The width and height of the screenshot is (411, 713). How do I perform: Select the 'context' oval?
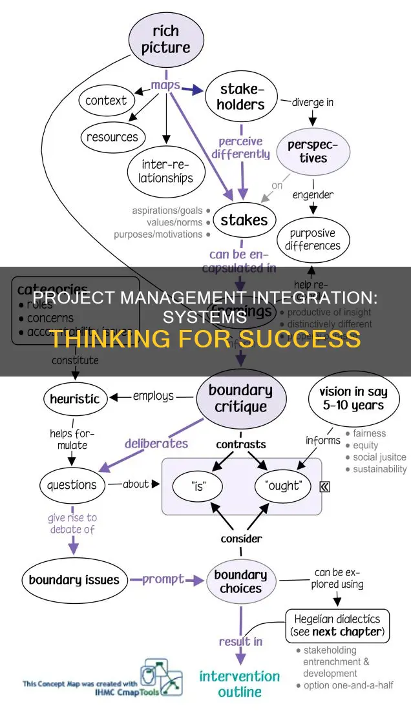[106, 101]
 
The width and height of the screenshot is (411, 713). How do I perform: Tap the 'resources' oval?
[112, 137]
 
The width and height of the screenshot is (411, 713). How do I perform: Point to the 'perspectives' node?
[313, 150]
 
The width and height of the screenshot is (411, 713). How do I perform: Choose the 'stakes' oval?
[244, 220]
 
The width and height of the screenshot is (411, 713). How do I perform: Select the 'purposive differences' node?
[313, 240]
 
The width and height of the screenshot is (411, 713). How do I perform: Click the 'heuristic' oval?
[76, 399]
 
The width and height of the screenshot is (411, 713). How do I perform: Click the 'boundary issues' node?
[74, 579]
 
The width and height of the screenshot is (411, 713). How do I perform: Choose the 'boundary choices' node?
[240, 581]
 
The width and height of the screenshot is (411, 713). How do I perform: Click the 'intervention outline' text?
[239, 683]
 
